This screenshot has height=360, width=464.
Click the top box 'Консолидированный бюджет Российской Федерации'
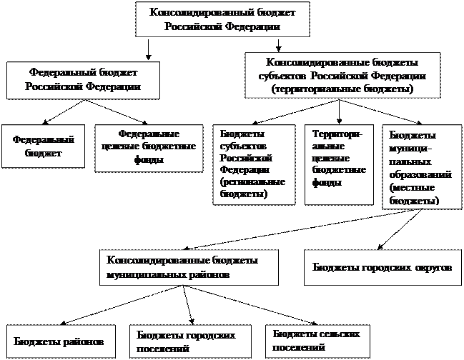[223, 19]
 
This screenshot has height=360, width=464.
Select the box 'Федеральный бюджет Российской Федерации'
[82, 80]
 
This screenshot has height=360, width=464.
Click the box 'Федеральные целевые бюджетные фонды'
[149, 147]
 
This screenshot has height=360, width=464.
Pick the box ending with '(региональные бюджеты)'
[254, 164]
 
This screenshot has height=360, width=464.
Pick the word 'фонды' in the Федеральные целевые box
[147, 160]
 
